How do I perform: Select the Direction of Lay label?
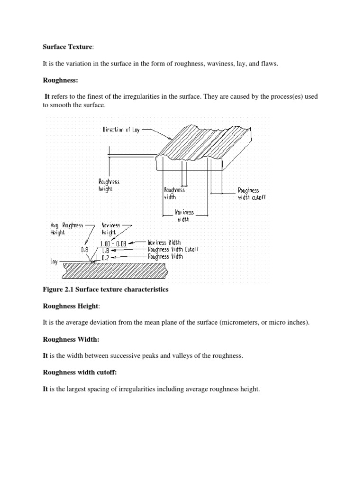pyautogui.click(x=121, y=129)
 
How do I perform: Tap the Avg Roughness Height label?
pyautogui.click(x=66, y=229)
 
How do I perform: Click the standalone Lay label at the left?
pyautogui.click(x=54, y=262)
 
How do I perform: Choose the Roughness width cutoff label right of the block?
pyautogui.click(x=251, y=194)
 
